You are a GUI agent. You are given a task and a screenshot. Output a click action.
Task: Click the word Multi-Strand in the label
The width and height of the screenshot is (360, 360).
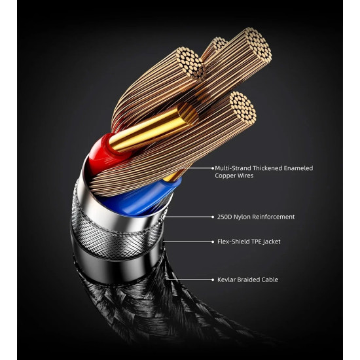[x=232, y=168]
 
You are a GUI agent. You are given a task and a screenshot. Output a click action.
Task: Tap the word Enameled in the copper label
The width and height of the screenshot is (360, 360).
[x=298, y=168]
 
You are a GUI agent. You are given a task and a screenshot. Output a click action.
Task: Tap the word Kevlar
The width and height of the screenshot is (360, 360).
[x=226, y=280]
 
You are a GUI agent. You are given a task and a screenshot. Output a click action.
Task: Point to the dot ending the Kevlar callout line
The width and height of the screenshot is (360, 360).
[x=213, y=280]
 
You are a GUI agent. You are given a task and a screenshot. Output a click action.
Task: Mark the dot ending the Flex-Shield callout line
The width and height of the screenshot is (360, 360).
[x=213, y=242]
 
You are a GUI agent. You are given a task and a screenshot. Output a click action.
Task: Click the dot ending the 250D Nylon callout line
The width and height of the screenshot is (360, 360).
[x=213, y=217]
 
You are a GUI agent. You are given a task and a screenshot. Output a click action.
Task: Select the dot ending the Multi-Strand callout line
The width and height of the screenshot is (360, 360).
[x=213, y=168]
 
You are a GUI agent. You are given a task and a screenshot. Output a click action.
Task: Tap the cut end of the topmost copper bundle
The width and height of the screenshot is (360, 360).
[x=258, y=45]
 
